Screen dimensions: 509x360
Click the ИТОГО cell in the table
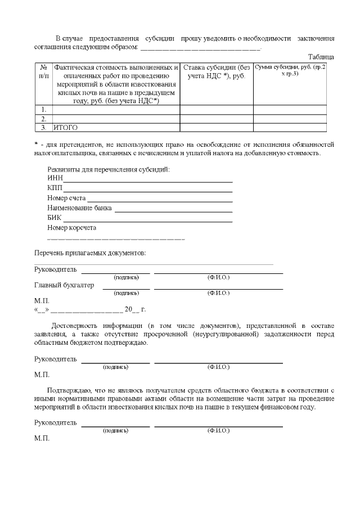point(66,128)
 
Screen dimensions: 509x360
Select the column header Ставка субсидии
point(217,71)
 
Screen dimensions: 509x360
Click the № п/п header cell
point(43,71)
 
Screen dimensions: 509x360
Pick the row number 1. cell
point(43,109)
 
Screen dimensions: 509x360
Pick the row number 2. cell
point(43,119)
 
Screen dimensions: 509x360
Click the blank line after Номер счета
point(160,200)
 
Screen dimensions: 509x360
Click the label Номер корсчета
point(72,228)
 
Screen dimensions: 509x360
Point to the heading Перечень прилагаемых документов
point(90,253)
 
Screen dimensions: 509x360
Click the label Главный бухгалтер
point(64,285)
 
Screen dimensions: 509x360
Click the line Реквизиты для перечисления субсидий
point(109,169)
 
